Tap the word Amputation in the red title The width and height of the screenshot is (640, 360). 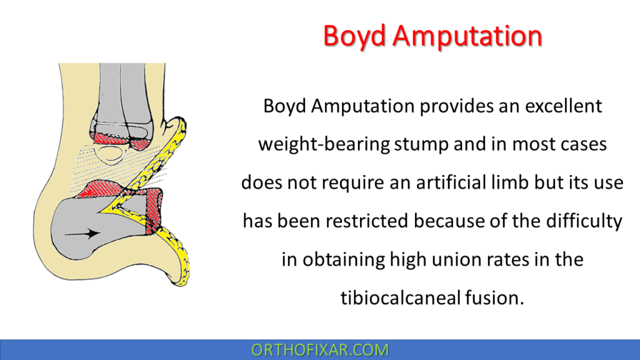coord(469,36)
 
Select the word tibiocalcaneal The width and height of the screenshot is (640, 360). coord(401,297)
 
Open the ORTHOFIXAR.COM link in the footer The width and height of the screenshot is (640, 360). coord(320,350)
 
